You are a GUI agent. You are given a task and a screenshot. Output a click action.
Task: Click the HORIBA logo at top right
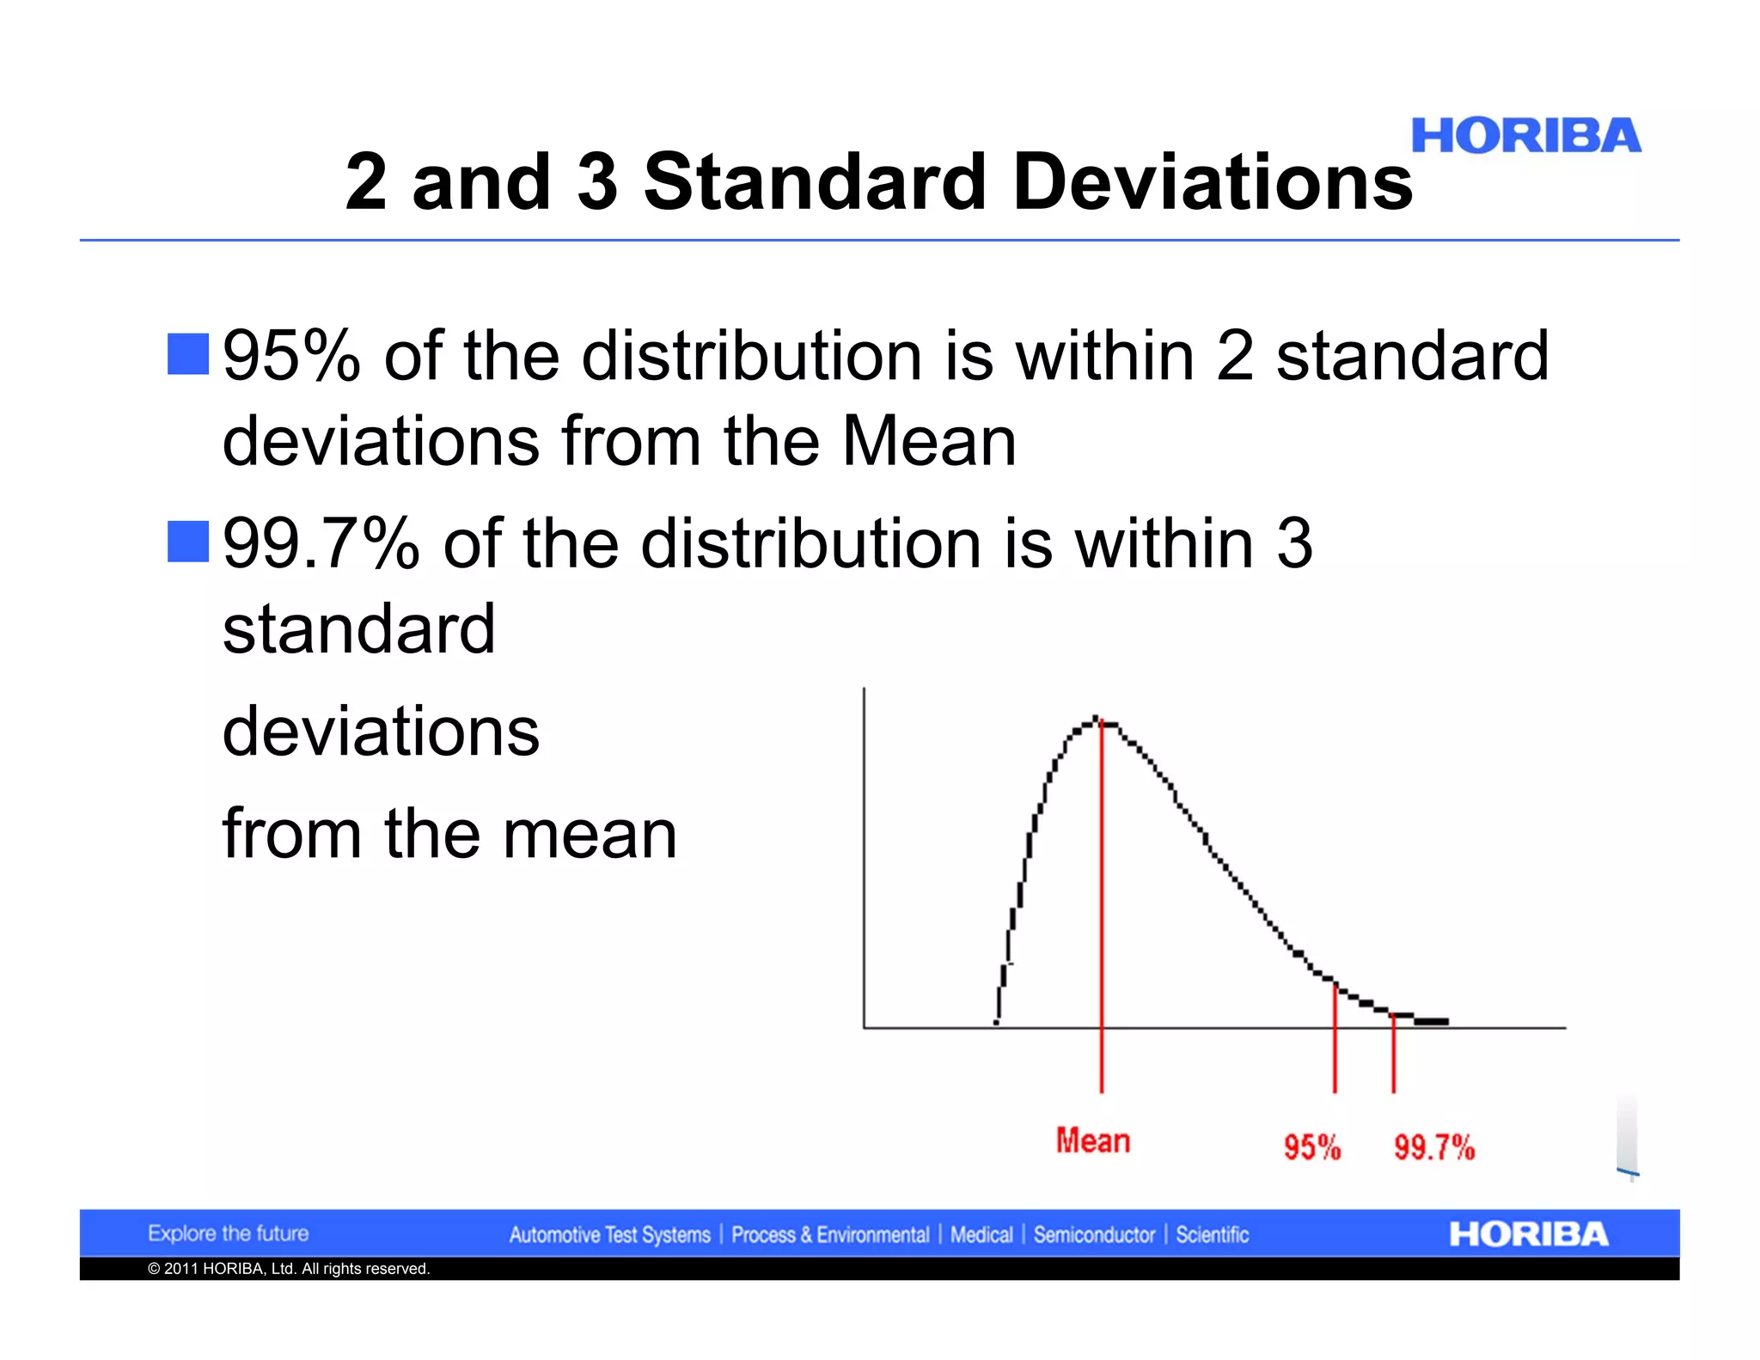click(x=1525, y=137)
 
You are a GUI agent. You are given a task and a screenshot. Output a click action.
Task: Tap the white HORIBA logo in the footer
click(x=1528, y=1234)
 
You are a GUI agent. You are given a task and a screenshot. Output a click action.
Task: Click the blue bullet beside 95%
click(x=188, y=354)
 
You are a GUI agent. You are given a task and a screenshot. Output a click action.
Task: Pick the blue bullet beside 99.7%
click(x=188, y=542)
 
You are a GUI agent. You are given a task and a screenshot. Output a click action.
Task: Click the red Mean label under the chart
click(x=1092, y=1141)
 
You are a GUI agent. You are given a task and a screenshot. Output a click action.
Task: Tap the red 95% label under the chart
click(x=1311, y=1147)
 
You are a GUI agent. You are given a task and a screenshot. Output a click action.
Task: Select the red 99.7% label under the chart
click(x=1433, y=1147)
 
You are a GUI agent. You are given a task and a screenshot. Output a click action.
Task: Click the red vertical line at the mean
click(x=1102, y=903)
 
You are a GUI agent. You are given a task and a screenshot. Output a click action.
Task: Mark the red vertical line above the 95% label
click(x=1335, y=1040)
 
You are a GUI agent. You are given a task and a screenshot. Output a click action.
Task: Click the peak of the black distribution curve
click(x=1097, y=720)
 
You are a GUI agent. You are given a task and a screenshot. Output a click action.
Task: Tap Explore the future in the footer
click(x=228, y=1234)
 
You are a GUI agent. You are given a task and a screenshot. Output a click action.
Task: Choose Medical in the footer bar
click(x=981, y=1235)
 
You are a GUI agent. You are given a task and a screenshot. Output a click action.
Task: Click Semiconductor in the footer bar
click(x=1094, y=1235)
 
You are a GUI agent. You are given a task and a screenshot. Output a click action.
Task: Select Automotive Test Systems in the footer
click(x=609, y=1235)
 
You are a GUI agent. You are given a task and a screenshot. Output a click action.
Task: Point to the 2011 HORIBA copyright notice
click(x=289, y=1269)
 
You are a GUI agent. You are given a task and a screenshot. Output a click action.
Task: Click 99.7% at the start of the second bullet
click(x=321, y=543)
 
